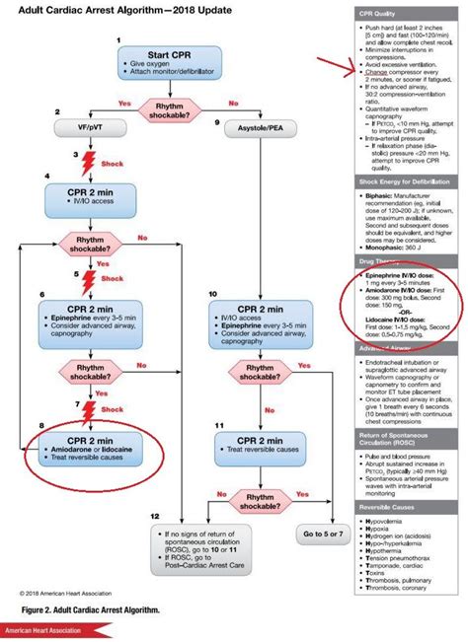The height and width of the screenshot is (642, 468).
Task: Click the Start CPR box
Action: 174,67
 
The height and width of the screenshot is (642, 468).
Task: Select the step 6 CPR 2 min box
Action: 86,324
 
